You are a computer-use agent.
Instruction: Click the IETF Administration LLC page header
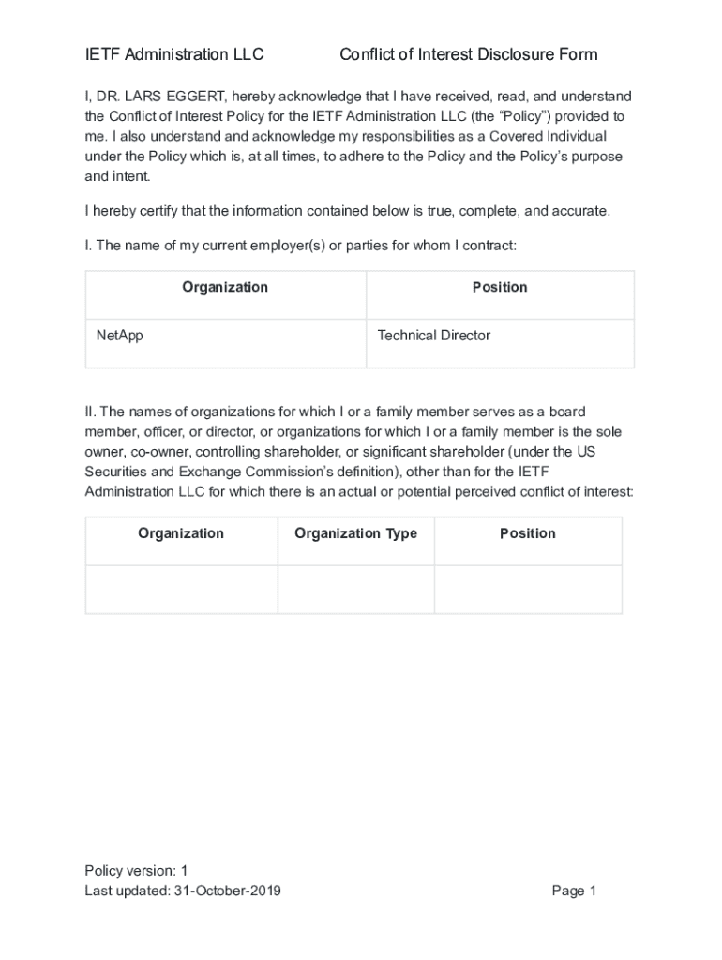point(173,54)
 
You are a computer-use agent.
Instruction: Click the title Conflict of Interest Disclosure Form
point(468,54)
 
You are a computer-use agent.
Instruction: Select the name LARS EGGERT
point(177,97)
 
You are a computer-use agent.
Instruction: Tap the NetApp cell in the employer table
point(120,336)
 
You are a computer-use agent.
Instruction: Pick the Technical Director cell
point(433,336)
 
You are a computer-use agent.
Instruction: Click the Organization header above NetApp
point(225,287)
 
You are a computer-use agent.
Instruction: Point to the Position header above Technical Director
point(500,287)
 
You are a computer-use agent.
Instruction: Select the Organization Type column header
point(355,533)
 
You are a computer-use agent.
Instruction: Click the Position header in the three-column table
point(527,533)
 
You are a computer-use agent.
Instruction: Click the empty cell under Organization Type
point(355,590)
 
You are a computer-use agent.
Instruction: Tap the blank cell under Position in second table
point(527,590)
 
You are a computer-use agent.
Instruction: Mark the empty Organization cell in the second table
point(181,590)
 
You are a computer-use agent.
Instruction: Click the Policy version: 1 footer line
point(136,871)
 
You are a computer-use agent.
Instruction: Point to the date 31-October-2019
point(227,891)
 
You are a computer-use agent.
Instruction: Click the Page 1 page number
point(574,891)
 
